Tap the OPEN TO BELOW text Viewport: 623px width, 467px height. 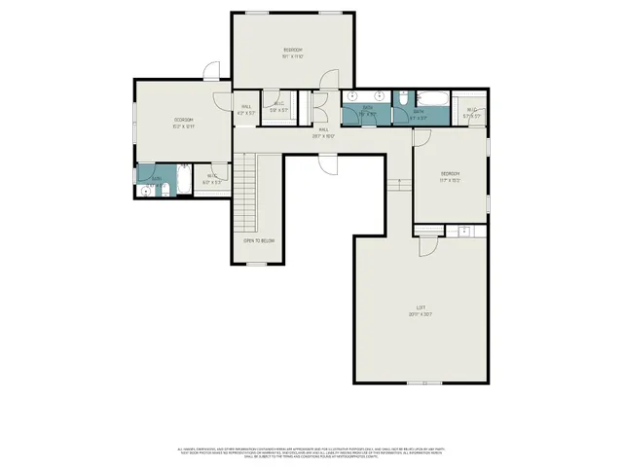(x=258, y=240)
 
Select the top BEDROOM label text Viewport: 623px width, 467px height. (x=293, y=51)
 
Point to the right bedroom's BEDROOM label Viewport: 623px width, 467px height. (x=449, y=175)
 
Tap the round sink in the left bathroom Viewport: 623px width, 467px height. (x=146, y=192)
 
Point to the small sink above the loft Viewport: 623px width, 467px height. (x=463, y=231)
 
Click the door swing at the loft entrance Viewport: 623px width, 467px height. (x=427, y=247)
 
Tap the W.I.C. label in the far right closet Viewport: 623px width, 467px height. (x=472, y=111)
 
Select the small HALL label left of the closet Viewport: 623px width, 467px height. (x=246, y=109)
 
